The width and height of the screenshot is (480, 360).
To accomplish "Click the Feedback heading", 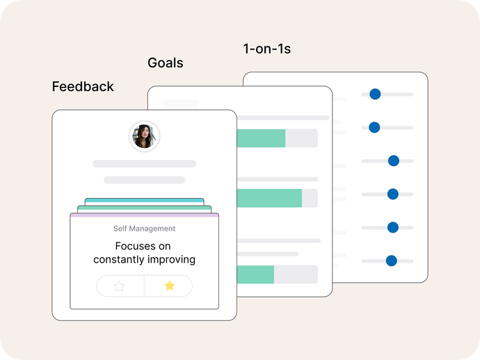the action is pos(83,87).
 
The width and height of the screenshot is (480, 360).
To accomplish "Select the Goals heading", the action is pos(166,63).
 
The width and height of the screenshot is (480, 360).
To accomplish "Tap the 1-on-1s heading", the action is pos(267,49).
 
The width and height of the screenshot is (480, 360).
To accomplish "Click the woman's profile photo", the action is pos(144,136).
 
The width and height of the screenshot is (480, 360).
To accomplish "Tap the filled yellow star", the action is pos(169,286).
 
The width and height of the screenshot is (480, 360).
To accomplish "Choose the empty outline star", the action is pos(119,286).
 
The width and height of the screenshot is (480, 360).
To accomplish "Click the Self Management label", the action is pos(144,229).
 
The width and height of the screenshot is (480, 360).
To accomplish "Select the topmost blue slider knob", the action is pos(375,94).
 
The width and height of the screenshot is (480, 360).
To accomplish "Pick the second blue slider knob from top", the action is pos(374,127).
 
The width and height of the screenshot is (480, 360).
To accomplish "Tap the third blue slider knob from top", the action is pos(394,161).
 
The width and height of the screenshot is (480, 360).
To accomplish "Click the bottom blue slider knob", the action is pos(391,261).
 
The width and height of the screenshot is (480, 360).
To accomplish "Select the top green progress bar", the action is pos(261,138).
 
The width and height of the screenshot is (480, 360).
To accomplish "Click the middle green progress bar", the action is pos(269,198).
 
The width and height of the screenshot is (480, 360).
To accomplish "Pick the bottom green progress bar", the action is pos(255,275).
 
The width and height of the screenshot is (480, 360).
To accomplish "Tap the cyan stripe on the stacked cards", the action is pos(145,201).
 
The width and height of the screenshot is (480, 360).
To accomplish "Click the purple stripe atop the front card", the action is pos(145,215).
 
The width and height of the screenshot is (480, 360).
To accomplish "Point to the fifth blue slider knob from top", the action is pos(393,227).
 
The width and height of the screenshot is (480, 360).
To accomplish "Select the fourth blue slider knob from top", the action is pos(393,194).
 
